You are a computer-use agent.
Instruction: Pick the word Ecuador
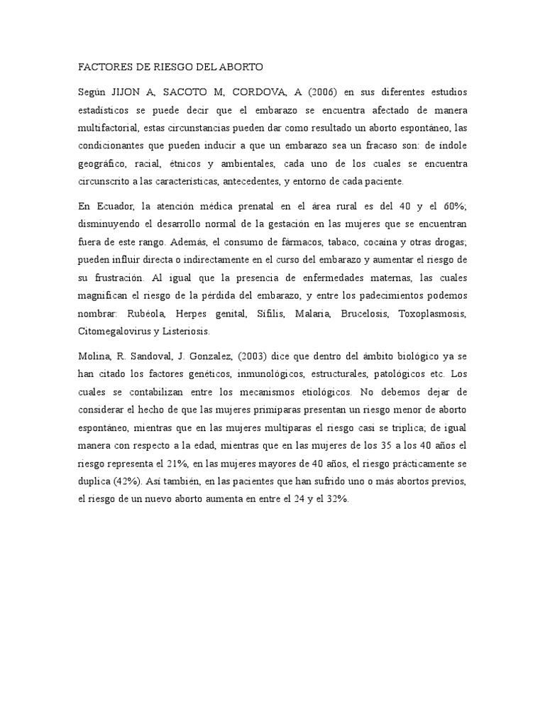113,207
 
